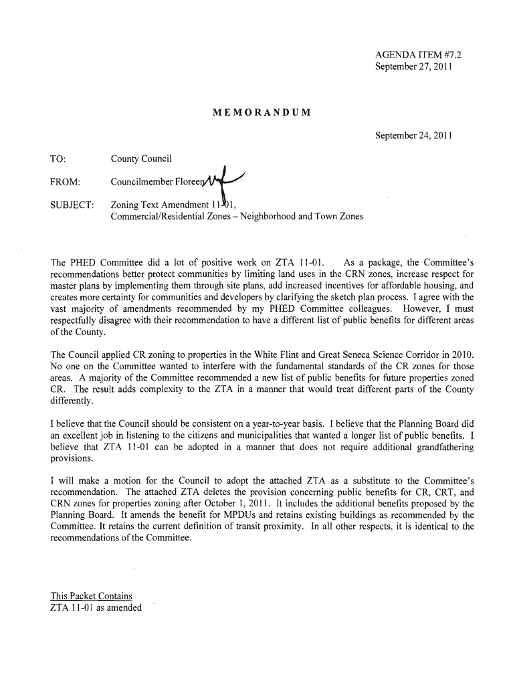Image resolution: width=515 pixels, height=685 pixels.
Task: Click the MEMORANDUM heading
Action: coord(260,110)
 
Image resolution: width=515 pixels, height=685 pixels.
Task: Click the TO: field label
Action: coord(58,159)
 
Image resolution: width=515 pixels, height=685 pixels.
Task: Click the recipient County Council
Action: coord(141,159)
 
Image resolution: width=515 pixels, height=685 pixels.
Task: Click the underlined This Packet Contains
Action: coord(92,596)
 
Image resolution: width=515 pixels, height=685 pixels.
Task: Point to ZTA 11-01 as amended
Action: coord(96,607)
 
